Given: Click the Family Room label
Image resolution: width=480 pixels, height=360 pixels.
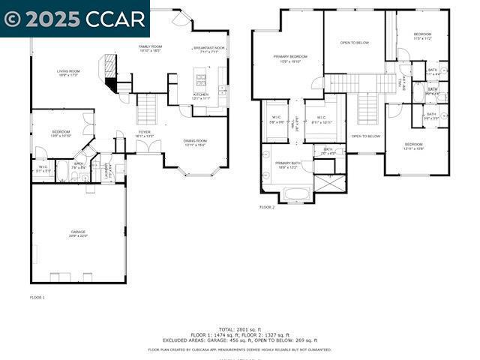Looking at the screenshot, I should (x=150, y=48).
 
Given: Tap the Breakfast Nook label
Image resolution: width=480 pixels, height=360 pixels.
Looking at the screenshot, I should (x=208, y=49).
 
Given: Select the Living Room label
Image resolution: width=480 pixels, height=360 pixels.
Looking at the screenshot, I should (x=68, y=73).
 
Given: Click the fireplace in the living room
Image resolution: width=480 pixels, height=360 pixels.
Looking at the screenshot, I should (x=109, y=73).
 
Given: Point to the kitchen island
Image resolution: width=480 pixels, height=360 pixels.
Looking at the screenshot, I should (x=200, y=78).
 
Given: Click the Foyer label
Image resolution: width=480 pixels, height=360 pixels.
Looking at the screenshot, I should (x=145, y=133).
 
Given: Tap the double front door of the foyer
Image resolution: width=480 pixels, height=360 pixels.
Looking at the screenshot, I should (x=148, y=147).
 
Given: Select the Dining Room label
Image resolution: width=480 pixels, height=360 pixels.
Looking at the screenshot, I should (x=195, y=142).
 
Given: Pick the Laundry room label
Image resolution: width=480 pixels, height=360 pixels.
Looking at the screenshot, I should (x=105, y=169).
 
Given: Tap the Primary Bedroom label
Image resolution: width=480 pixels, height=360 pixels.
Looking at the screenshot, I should (x=289, y=58).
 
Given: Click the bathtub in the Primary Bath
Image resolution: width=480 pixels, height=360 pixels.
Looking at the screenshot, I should (x=296, y=193).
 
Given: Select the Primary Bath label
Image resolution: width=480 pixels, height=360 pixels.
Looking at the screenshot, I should (x=287, y=165).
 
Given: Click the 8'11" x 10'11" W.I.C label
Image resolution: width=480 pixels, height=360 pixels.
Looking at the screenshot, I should (x=320, y=120).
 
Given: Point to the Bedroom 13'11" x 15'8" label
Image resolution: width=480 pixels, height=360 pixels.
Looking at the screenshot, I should (x=413, y=145).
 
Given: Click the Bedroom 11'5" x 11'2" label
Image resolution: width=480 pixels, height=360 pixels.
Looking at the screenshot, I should (x=423, y=36).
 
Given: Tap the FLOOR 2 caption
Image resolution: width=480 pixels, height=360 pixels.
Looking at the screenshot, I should (x=267, y=207).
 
